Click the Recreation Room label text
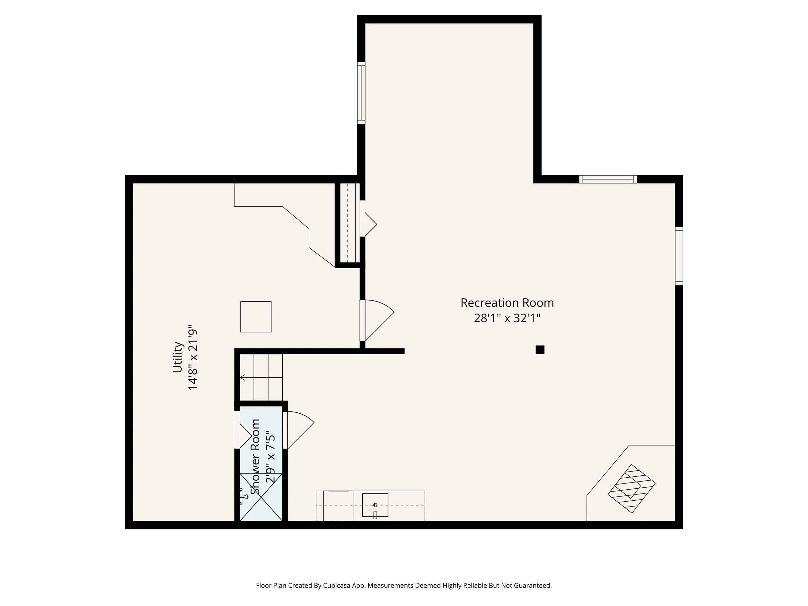point(507,303)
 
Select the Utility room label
point(177,357)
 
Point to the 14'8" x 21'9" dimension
point(193,357)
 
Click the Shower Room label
point(255,457)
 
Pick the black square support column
point(540,350)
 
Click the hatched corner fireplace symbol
point(631,488)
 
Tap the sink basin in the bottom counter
point(375,505)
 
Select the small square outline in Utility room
point(256,317)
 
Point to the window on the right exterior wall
point(679,256)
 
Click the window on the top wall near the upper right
point(608,179)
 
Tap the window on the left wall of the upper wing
point(361,93)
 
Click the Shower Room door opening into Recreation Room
point(300,430)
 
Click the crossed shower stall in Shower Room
point(261,497)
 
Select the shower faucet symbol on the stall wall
point(242,497)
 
